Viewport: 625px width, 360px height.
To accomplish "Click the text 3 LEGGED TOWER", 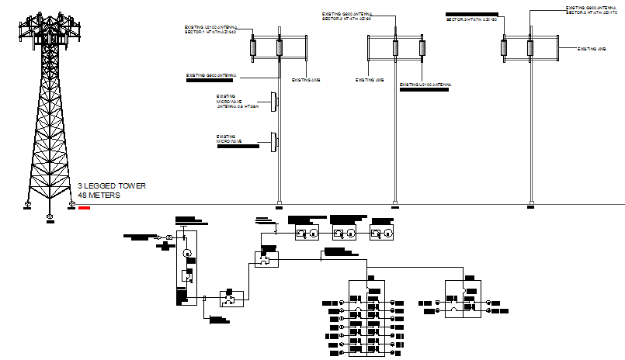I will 111,186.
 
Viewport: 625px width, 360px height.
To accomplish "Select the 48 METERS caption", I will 99,196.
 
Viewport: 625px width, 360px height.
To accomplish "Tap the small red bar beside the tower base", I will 84,207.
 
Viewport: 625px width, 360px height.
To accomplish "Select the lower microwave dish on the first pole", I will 273,141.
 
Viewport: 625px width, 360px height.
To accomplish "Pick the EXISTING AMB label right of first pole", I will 306,80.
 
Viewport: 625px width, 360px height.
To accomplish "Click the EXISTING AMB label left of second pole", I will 370,80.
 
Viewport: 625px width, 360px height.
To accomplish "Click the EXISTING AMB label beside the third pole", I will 592,48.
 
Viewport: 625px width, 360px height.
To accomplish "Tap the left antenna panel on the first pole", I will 255,48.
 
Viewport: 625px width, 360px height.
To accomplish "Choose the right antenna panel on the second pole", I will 422,48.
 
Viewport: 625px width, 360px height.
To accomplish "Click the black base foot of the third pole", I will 531,206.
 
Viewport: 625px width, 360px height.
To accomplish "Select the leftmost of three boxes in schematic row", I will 306,234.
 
